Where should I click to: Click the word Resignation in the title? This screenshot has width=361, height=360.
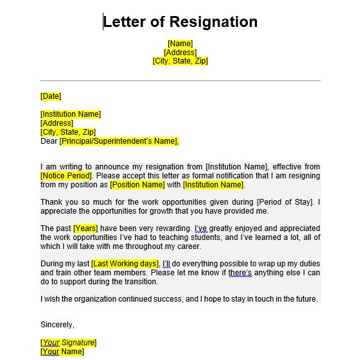pos(213,22)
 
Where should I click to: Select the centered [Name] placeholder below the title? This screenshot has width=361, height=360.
pos(180,44)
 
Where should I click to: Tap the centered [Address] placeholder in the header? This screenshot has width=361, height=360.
pos(180,53)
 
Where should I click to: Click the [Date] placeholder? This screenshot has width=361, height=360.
pos(51,96)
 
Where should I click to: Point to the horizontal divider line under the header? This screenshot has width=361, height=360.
pos(180,80)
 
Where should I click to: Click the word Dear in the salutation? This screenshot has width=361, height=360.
pos(49,141)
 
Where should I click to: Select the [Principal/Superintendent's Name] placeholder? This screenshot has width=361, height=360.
pos(119,141)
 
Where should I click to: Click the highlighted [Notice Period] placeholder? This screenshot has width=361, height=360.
pos(66,176)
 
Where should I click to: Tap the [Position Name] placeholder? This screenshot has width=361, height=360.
pos(137,185)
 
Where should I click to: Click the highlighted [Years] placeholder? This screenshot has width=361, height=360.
pos(85,228)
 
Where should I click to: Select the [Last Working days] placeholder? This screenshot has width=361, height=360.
pos(125,264)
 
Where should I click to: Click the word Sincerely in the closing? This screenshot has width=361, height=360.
pos(57,325)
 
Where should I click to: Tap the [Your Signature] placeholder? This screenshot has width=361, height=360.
pos(68,343)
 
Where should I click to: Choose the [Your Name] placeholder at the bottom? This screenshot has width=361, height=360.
pos(62,352)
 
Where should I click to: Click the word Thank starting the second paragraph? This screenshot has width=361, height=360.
pos(51,203)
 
